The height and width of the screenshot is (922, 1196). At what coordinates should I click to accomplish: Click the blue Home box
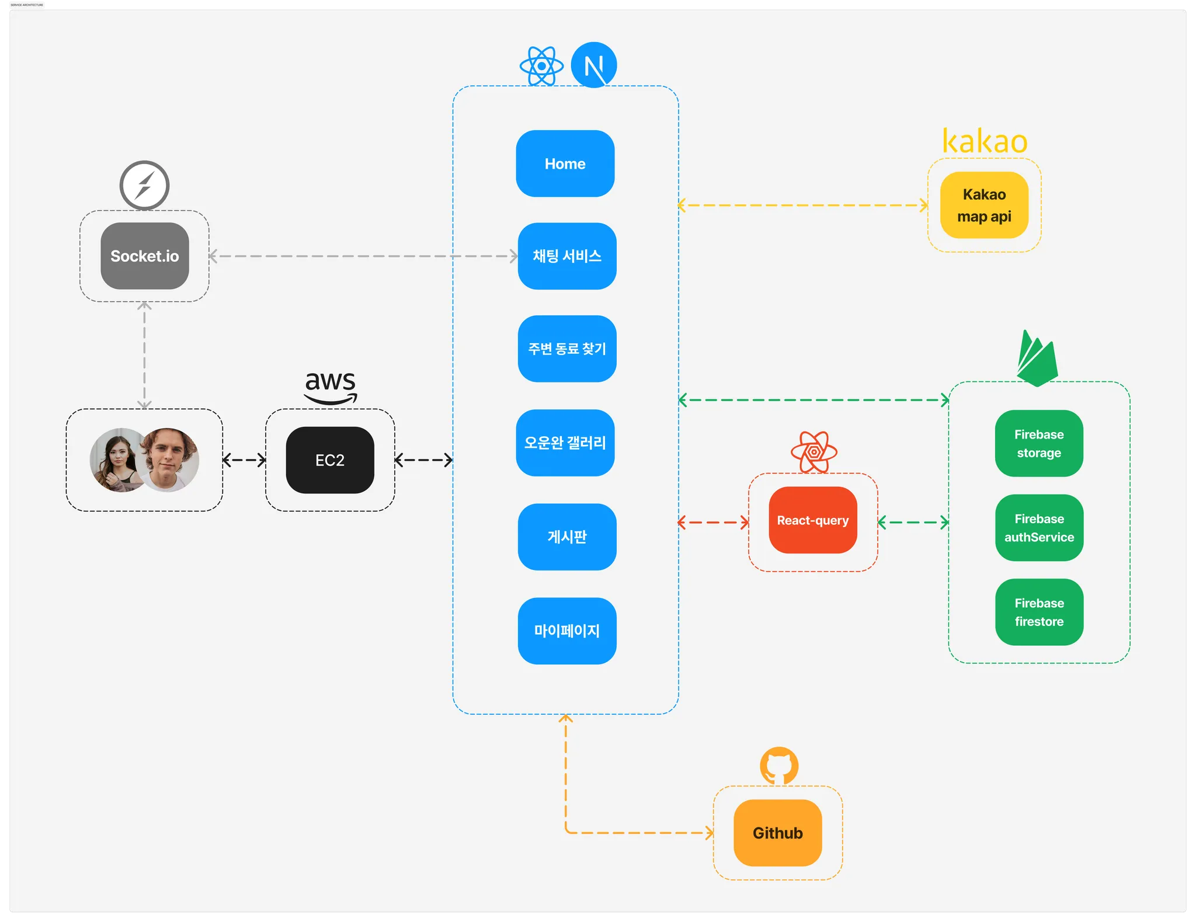click(565, 163)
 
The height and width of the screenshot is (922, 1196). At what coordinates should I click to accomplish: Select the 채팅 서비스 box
click(566, 256)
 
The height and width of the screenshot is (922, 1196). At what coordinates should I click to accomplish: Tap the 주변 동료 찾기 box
click(566, 349)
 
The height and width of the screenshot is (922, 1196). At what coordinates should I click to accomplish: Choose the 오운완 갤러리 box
click(565, 443)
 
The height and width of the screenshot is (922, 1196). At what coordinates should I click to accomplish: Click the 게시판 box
click(566, 537)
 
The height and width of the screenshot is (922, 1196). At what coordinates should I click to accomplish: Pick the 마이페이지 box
click(566, 631)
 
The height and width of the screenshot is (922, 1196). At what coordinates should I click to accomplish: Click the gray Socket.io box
click(144, 256)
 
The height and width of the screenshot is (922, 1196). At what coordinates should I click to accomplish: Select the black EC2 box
click(330, 460)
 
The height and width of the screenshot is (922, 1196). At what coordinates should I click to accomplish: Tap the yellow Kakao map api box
click(984, 205)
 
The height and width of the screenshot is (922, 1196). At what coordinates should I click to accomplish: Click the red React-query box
click(812, 520)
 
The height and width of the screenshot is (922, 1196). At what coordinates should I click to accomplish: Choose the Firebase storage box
click(1039, 443)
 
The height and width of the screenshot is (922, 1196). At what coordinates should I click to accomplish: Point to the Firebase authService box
click(1039, 527)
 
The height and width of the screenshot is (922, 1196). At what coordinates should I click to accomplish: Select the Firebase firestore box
click(1039, 612)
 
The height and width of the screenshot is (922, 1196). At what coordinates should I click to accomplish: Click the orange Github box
click(777, 833)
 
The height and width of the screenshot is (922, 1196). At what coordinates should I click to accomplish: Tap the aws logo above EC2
click(331, 387)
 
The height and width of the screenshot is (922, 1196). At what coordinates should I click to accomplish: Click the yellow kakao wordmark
click(985, 142)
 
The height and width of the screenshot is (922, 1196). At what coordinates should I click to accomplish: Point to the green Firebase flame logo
click(1037, 359)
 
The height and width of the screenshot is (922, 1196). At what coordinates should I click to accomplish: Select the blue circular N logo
click(593, 65)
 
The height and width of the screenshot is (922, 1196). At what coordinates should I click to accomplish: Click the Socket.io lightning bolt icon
click(144, 185)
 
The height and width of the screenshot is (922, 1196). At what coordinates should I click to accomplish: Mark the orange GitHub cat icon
click(778, 766)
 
